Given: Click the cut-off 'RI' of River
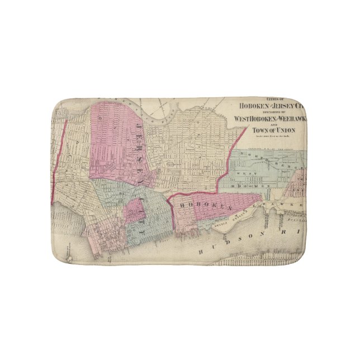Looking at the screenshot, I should tap(297, 230).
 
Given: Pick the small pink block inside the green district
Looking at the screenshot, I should tap(134, 212).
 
